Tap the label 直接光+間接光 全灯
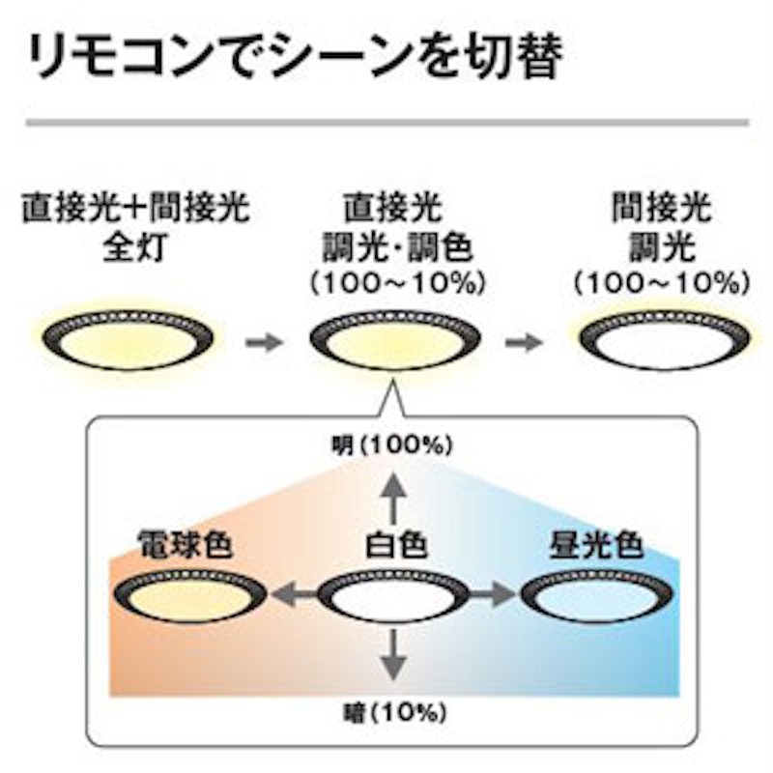(x=135, y=226)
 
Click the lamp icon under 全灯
(x=129, y=339)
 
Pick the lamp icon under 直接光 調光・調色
(x=395, y=340)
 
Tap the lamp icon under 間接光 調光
(x=664, y=340)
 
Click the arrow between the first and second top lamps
(x=264, y=342)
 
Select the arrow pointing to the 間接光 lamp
(x=524, y=342)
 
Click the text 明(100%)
(x=392, y=445)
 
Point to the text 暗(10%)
(x=394, y=712)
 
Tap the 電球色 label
(x=186, y=544)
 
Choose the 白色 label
(x=396, y=545)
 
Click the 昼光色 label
(x=596, y=544)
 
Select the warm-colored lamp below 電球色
(x=190, y=595)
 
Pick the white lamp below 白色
(x=393, y=595)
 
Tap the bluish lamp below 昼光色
(x=596, y=595)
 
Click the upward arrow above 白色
(x=393, y=498)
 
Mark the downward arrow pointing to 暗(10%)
(x=393, y=655)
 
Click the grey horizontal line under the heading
(x=387, y=123)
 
